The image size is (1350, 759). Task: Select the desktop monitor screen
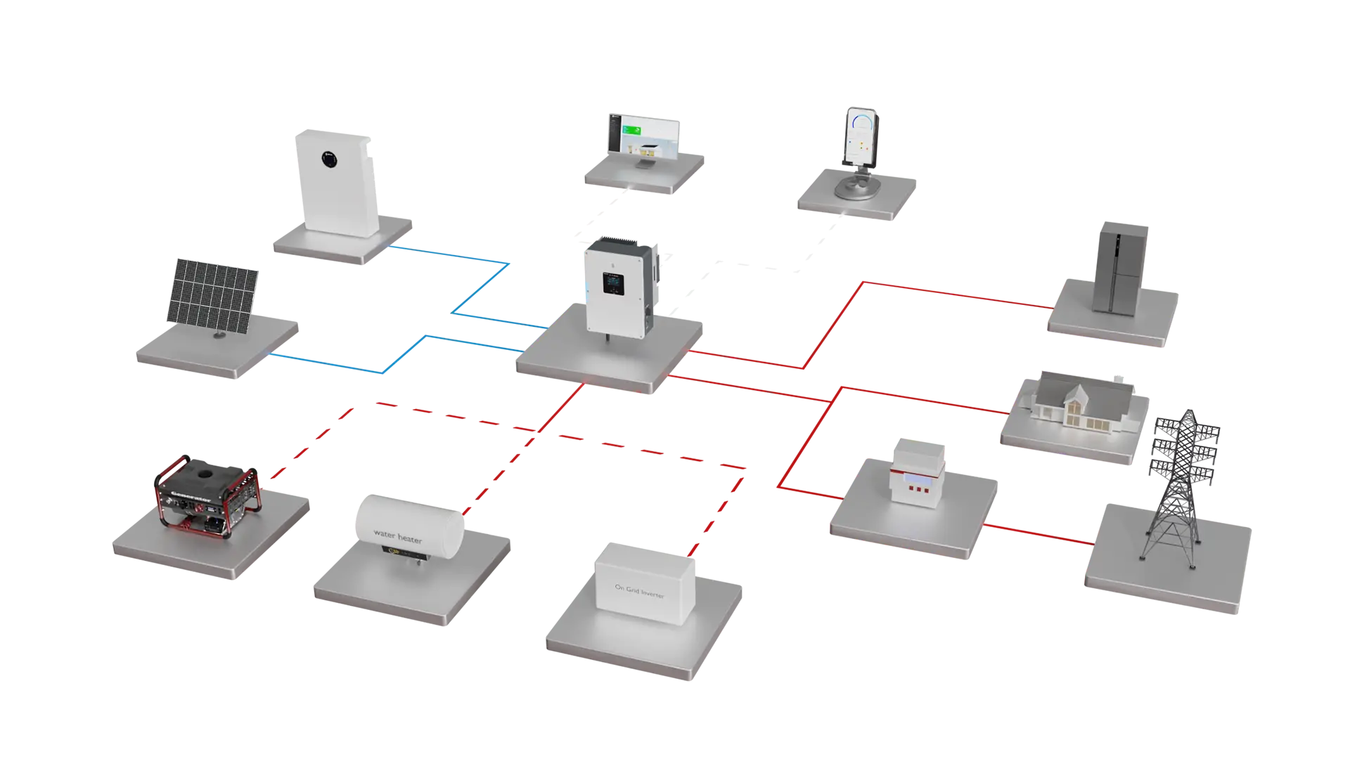644,137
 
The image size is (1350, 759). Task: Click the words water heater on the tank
398,537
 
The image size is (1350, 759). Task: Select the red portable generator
207,495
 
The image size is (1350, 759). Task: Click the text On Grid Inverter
639,591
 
